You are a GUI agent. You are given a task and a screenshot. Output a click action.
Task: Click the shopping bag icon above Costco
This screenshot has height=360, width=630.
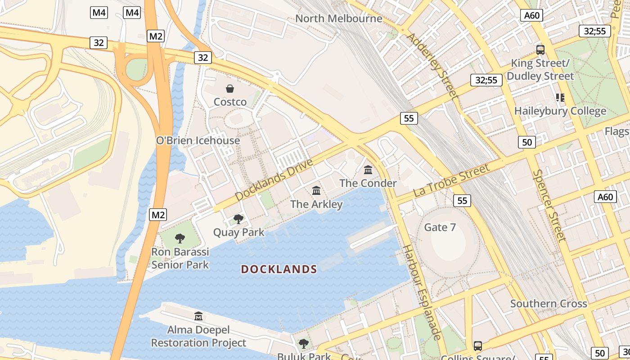(230, 89)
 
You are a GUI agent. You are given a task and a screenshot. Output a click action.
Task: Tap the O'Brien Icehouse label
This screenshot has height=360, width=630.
(198, 140)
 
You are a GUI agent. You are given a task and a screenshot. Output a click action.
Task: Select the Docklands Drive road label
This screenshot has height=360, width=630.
(274, 180)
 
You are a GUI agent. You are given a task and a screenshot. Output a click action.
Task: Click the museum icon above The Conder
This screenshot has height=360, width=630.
(368, 170)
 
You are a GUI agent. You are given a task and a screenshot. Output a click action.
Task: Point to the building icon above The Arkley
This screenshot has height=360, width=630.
(316, 191)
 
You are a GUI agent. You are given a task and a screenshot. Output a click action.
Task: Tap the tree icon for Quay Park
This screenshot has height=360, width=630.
(238, 219)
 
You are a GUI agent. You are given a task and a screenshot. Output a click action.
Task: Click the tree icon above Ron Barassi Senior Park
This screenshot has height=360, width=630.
(180, 238)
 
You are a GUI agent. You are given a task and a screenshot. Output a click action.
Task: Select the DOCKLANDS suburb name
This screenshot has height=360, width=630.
(279, 270)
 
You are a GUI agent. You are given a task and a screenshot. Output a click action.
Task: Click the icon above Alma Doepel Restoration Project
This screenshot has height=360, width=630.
(198, 316)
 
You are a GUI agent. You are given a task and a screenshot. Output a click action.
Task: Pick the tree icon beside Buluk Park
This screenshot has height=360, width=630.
(304, 344)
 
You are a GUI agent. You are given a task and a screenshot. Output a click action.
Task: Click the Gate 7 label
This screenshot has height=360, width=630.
(440, 227)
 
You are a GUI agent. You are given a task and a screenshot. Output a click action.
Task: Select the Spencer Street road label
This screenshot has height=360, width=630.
(549, 205)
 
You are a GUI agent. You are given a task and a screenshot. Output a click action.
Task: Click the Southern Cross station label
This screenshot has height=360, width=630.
(549, 304)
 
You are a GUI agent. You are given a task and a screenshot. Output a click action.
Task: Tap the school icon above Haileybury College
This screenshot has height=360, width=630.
(560, 97)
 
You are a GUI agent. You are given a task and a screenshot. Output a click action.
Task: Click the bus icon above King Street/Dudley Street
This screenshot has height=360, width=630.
(540, 49)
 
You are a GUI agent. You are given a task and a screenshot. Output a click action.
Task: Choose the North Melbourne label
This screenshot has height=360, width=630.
(338, 18)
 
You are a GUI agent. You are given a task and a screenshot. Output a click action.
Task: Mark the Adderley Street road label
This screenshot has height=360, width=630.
(432, 66)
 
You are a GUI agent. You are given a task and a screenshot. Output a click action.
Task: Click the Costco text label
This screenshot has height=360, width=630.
(230, 102)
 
